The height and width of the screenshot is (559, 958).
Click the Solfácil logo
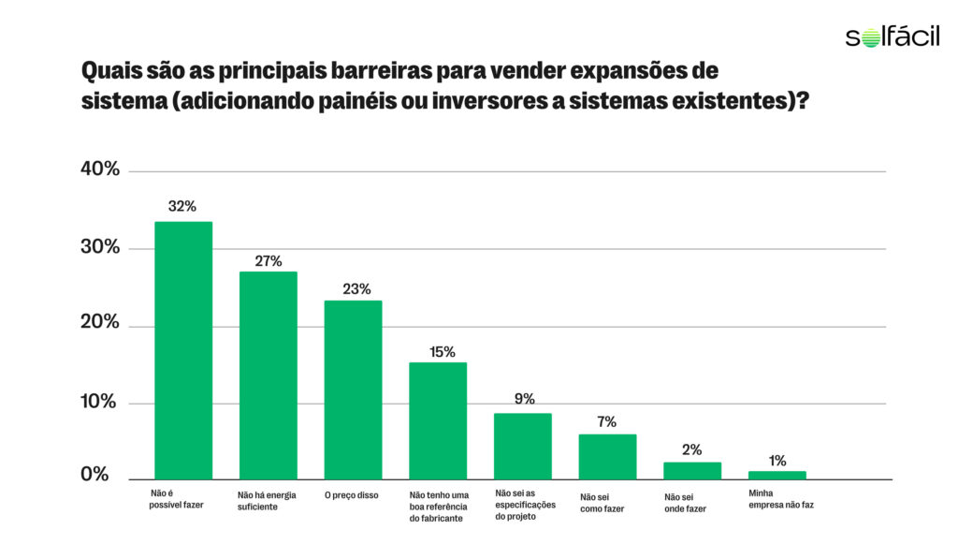pyautogui.click(x=893, y=37)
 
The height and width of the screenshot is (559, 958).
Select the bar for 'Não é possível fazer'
pyautogui.click(x=183, y=350)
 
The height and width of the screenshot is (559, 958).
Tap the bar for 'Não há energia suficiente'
pyautogui.click(x=269, y=375)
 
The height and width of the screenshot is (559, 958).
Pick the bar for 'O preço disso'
pyautogui.click(x=353, y=390)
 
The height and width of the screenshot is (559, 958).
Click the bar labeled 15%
pyautogui.click(x=438, y=420)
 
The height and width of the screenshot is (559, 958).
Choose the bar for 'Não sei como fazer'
pyautogui.click(x=607, y=456)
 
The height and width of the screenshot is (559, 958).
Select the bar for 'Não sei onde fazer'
pyautogui.click(x=692, y=470)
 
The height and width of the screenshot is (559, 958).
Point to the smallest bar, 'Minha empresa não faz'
pyautogui.click(x=777, y=475)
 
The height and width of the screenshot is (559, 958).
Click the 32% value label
pyautogui.click(x=182, y=206)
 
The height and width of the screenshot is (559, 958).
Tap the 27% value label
pyautogui.click(x=269, y=260)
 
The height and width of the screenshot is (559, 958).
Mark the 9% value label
pyautogui.click(x=524, y=399)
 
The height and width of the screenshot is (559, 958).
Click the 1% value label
pyautogui.click(x=777, y=460)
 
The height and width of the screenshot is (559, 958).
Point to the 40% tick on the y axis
pyautogui.click(x=99, y=169)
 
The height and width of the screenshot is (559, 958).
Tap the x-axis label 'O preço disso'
pyautogui.click(x=352, y=494)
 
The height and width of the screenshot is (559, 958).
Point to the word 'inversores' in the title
pyautogui.click(x=486, y=100)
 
